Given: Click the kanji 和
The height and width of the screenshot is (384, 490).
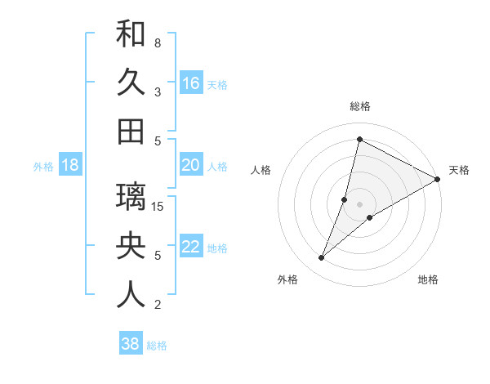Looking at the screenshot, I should tap(131, 34).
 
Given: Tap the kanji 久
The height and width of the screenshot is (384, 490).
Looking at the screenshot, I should tap(131, 83).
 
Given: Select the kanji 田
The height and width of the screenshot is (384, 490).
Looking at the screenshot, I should tap(131, 132).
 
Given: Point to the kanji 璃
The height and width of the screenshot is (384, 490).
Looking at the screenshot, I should tap(131, 197).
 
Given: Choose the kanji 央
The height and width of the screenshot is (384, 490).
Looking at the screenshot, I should tap(131, 246).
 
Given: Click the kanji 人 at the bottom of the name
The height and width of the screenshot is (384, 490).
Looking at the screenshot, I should tap(131, 295).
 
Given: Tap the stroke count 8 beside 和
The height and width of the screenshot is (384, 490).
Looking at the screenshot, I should tap(158, 42).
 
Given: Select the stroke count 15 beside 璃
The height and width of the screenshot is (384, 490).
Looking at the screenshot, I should tap(158, 206).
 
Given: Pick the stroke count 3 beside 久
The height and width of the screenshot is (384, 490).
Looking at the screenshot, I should tap(158, 92).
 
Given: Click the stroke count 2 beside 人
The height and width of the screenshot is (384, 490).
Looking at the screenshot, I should tap(158, 305).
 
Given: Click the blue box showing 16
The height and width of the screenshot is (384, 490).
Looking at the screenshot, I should tap(190, 83).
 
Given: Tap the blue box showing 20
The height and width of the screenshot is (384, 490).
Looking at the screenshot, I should tap(190, 165).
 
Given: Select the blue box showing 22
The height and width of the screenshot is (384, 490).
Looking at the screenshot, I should tap(190, 247).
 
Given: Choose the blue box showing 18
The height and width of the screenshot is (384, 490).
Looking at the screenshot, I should tap(69, 165).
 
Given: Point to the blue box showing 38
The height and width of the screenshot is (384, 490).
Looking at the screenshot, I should tap(130, 344).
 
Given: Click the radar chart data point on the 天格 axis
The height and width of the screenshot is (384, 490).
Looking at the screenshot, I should tap(437, 179).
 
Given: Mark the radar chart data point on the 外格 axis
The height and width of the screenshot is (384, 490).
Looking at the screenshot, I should tap(322, 258).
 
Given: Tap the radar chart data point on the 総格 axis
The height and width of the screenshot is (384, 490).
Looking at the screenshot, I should tap(359, 138).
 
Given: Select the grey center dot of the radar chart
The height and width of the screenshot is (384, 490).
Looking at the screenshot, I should tap(359, 203).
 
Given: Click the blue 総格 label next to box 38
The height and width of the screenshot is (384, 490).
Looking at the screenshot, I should tap(157, 346).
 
